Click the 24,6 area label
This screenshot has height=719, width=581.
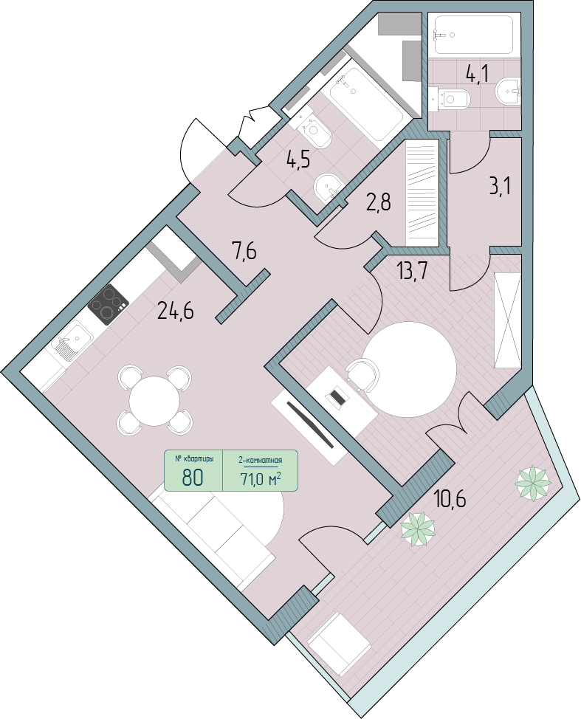pos(175,312)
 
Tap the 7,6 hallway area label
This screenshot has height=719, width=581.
pos(244,252)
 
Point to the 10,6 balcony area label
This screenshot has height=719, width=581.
pos(450,498)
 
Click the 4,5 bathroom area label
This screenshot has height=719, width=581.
pos(298,160)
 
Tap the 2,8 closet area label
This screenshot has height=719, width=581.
pos(379,202)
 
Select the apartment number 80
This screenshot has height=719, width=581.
pos(193,478)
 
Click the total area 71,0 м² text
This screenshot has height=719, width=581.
pos(261,479)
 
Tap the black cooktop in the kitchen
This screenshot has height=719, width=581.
pos(109,305)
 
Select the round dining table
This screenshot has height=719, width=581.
pos(154,402)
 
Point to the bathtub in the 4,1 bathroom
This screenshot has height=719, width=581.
pos(474,35)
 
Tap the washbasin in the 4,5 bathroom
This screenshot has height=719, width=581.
pos(328,188)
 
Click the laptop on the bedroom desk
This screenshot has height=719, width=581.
pos(337,396)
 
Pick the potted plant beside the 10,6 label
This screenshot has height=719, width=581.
pos(418,529)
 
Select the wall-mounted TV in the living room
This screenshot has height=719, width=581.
pos(309,423)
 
